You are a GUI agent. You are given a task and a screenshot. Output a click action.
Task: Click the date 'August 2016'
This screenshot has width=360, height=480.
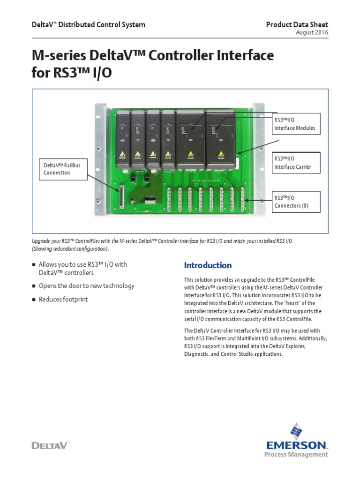[x=312, y=32]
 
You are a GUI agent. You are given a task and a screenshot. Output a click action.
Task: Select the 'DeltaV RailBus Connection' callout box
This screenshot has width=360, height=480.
[x=64, y=169]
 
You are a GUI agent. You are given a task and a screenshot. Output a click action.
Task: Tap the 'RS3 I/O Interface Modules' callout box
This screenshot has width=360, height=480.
[x=297, y=124]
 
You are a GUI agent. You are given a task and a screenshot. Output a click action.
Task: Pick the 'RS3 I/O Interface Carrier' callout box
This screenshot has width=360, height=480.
[x=297, y=163]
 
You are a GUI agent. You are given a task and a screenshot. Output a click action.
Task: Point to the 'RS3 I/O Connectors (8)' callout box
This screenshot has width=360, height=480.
[x=297, y=202]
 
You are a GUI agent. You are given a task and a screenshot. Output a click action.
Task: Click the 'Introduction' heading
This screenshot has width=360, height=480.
[x=208, y=265]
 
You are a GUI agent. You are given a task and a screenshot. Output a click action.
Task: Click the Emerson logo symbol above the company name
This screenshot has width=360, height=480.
[x=297, y=431]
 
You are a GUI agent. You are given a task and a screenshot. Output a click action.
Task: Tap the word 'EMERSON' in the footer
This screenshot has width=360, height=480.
[x=297, y=444]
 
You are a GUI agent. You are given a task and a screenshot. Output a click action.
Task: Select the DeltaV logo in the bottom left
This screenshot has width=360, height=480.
[x=50, y=445]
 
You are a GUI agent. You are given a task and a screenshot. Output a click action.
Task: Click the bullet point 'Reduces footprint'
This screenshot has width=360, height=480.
[x=63, y=300]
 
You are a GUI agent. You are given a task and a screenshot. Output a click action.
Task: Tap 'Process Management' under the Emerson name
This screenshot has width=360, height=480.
[x=296, y=454]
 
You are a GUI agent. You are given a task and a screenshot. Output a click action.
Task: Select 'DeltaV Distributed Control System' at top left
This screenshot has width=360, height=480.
[x=88, y=25]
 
